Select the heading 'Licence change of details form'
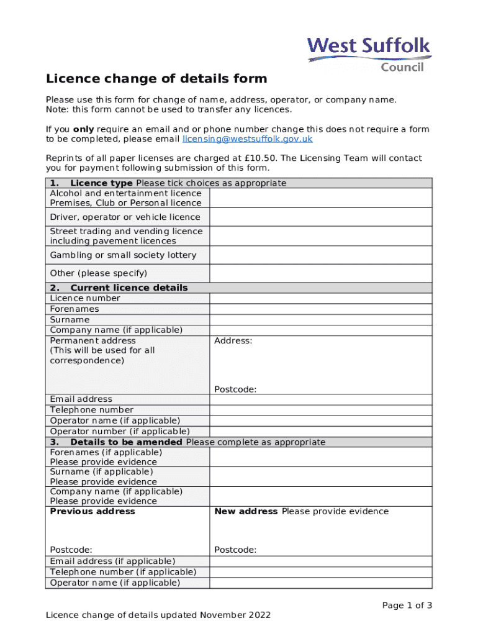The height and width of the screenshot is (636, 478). pos(156,79)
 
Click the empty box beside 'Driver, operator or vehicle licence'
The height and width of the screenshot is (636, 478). pos(320,217)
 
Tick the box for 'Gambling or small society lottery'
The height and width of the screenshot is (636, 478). pos(320,255)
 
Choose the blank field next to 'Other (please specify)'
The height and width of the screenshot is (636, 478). pos(320,273)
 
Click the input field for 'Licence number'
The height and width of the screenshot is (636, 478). pos(320,298)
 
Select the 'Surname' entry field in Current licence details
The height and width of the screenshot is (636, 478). pos(320,320)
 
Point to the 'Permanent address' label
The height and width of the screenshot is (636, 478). pos(92,341)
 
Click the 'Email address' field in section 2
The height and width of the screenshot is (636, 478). pos(320,399)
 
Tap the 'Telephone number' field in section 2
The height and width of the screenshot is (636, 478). pos(320,410)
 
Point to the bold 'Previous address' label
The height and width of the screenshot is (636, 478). pos(92,512)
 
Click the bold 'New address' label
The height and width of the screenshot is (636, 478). pos(246,512)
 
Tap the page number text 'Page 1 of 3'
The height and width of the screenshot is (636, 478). pos(407,606)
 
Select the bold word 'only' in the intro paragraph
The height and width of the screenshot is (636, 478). pos(83,129)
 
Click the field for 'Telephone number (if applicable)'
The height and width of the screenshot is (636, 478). pos(320,572)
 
